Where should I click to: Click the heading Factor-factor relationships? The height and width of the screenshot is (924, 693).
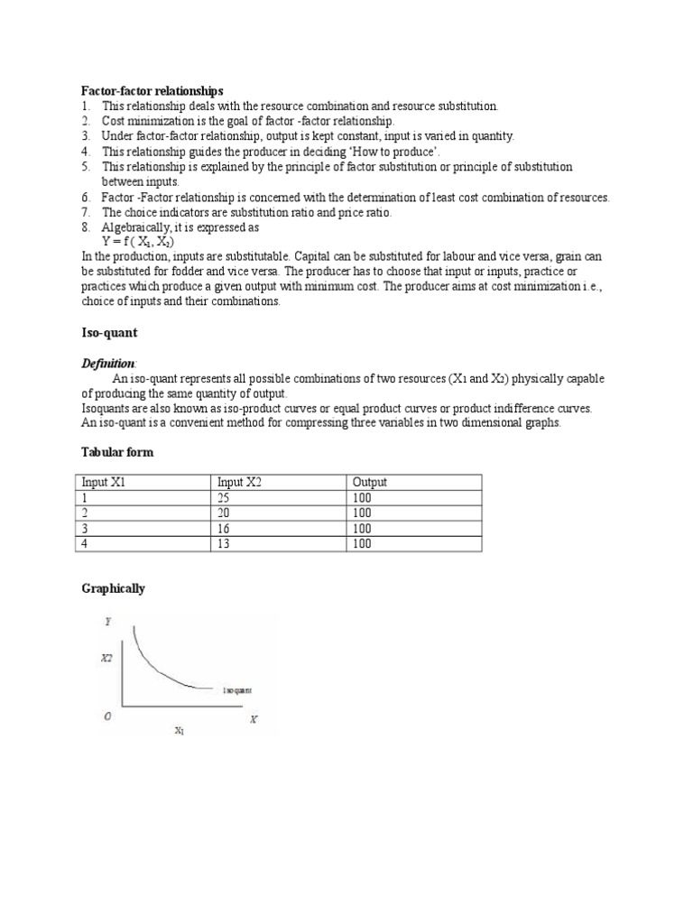click(x=152, y=91)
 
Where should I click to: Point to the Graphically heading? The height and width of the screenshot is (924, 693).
click(x=113, y=588)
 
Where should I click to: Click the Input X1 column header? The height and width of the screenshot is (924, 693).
click(x=104, y=483)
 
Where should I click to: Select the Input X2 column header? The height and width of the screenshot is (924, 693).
click(x=239, y=483)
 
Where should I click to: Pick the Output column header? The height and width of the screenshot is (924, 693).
click(x=370, y=483)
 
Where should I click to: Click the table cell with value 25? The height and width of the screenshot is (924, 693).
click(x=225, y=498)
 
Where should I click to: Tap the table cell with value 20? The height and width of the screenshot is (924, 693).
click(x=225, y=513)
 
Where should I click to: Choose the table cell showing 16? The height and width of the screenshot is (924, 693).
click(x=225, y=529)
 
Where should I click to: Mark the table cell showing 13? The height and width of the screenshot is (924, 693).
click(x=225, y=544)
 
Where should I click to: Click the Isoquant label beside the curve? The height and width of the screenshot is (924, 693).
click(x=237, y=689)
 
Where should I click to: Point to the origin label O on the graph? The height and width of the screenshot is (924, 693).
click(x=108, y=717)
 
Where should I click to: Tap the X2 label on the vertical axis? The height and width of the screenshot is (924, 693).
click(x=106, y=660)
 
